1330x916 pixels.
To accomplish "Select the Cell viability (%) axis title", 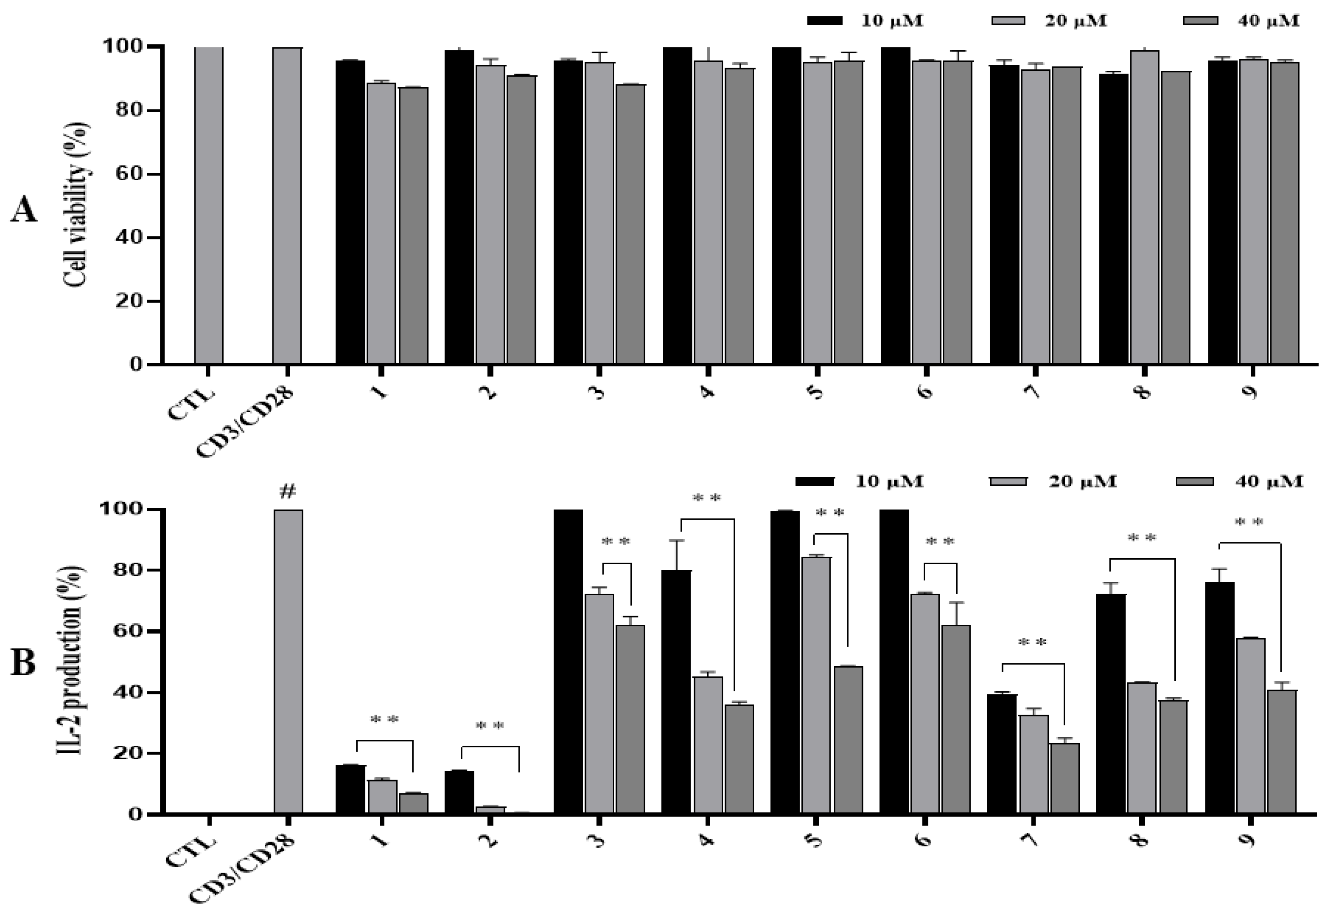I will coord(77,205).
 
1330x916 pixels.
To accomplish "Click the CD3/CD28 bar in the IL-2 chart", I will coord(288,660).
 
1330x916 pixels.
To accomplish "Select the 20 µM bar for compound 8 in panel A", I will coord(1144,207).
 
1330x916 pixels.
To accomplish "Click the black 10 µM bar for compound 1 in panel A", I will coord(350,212).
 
